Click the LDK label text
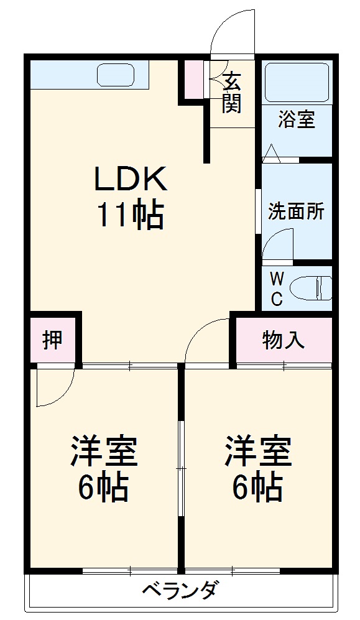pos(131,180)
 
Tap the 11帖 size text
pos(129,216)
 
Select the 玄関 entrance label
pos(231,93)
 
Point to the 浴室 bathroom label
pos(296,119)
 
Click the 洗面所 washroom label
pos(296,211)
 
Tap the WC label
pos(277,288)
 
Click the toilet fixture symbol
pos(314,287)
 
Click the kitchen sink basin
pos(116,75)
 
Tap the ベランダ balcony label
pos(180,590)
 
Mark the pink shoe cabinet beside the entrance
pos(195,80)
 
